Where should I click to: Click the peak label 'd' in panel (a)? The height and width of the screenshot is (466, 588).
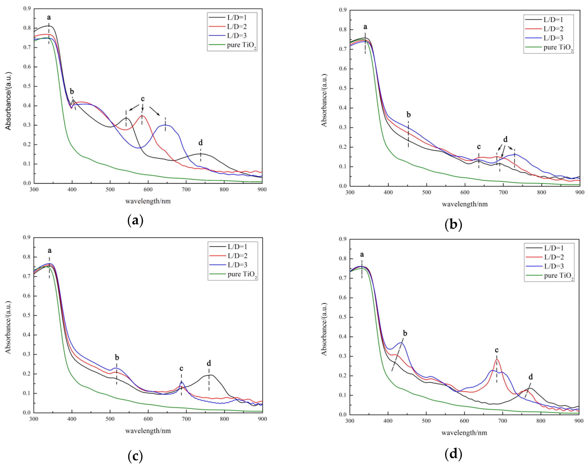pos(200,143)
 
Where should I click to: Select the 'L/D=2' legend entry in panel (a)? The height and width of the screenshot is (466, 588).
pos(236,26)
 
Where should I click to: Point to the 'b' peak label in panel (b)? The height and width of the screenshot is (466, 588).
pos(408,115)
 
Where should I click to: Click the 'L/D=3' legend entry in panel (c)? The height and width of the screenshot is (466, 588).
pos(237,265)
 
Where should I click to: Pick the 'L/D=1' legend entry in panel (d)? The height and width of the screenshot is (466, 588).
pos(554,248)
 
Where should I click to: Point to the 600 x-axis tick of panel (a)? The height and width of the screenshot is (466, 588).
pos(148,189)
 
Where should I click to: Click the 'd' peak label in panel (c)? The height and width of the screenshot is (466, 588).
pos(209,363)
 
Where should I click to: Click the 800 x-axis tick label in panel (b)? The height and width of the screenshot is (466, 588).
pos(541,192)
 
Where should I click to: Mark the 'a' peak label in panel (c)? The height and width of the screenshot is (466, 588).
pos(49,251)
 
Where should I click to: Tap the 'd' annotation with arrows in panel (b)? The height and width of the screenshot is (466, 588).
pos(505,139)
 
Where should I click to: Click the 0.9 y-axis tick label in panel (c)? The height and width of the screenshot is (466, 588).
pos(27,237)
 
